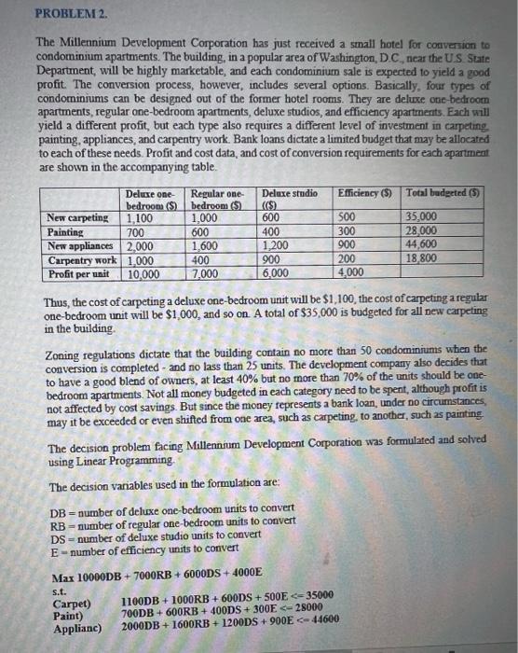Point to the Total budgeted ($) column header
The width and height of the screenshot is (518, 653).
click(x=442, y=192)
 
